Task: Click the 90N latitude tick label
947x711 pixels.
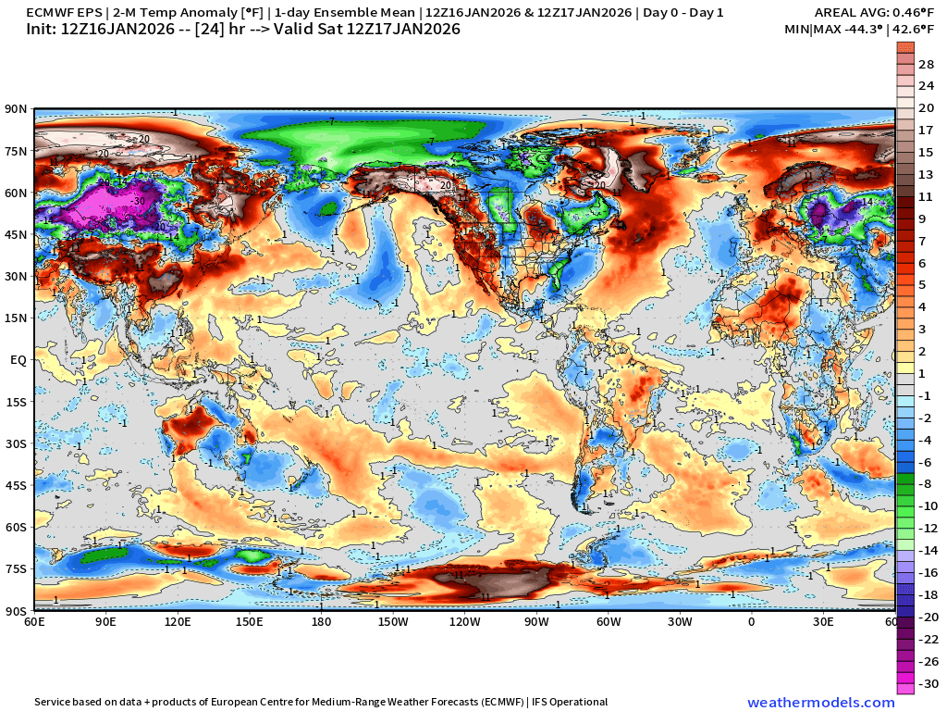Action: click(x=17, y=109)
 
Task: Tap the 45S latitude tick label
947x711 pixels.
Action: click(x=17, y=485)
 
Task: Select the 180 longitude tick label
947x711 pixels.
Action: click(x=321, y=621)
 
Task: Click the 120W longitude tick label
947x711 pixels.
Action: click(x=464, y=621)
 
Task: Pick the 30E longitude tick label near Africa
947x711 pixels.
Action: click(x=823, y=621)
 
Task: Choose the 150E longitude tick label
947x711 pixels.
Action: click(x=250, y=621)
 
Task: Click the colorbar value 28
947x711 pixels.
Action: click(x=926, y=64)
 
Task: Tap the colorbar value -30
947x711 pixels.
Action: click(x=926, y=684)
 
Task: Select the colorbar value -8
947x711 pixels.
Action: click(x=926, y=484)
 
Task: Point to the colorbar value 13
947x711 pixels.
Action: click(x=926, y=174)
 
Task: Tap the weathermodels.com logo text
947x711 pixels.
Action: click(x=821, y=703)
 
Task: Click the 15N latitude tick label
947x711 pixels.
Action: click(x=17, y=318)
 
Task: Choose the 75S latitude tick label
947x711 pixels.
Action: click(x=17, y=568)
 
